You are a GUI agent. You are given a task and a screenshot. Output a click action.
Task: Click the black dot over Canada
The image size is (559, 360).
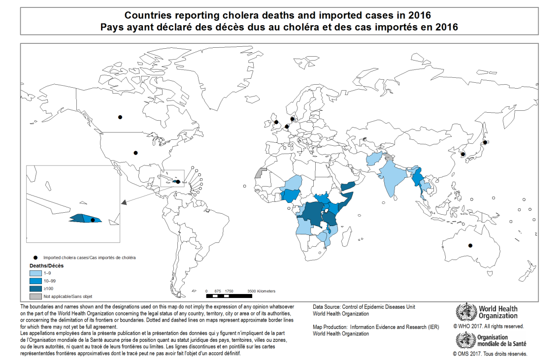[120, 117]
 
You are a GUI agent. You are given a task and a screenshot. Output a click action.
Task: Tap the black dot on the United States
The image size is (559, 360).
[136, 153]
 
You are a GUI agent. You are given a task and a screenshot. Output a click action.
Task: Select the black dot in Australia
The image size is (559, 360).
[470, 246]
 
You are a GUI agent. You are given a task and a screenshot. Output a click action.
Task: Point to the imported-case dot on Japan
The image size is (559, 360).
[485, 142]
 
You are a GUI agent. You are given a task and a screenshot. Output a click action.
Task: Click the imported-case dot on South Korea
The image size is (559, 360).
[463, 154]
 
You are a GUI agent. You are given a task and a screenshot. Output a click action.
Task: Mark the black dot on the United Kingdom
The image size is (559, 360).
[276, 122]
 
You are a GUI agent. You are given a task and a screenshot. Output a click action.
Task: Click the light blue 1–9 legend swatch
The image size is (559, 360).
[35, 272]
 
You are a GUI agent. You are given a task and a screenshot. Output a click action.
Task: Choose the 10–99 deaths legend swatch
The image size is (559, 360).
[35, 280]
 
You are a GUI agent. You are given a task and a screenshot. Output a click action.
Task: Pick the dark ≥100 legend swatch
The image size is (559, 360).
[35, 288]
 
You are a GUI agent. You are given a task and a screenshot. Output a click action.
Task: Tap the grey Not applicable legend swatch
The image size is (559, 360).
[35, 296]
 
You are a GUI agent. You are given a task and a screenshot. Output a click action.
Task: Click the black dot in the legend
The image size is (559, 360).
[35, 258]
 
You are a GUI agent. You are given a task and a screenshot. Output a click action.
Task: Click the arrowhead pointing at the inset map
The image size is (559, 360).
[124, 201]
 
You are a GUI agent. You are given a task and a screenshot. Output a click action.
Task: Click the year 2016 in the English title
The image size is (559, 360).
[419, 16]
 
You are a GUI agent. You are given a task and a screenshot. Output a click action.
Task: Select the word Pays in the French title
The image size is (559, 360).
[110, 27]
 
